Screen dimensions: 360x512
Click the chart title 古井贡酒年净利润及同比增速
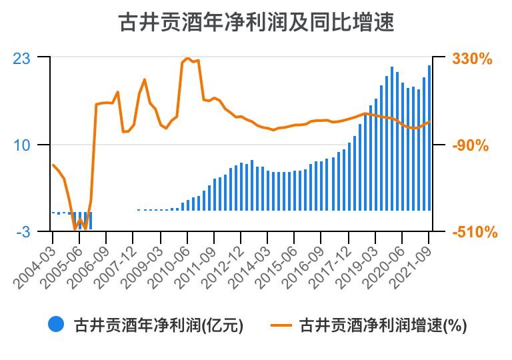(x=256, y=23)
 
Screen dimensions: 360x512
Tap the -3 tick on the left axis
(x=24, y=232)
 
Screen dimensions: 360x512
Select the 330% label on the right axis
(x=472, y=59)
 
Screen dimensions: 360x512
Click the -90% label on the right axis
(x=473, y=145)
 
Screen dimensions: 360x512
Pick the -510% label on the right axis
(x=473, y=232)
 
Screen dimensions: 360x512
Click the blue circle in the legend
(x=55, y=325)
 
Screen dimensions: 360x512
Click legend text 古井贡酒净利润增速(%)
(x=383, y=325)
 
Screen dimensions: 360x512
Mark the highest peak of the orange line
(x=187, y=59)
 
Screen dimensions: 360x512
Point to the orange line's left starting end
(x=53, y=165)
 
